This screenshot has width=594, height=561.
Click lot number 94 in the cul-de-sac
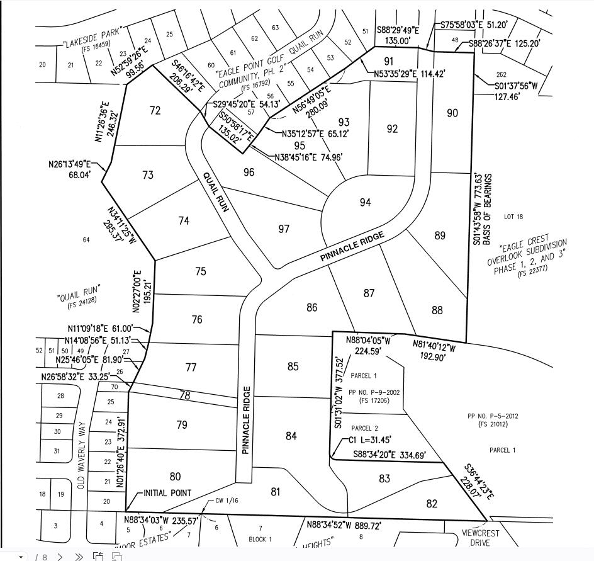tap(366, 202)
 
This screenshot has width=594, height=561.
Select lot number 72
tap(155, 111)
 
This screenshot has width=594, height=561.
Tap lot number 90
tap(452, 113)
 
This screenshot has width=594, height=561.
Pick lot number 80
tap(176, 477)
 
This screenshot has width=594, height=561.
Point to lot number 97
tap(284, 229)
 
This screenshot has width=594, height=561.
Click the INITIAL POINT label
tap(167, 493)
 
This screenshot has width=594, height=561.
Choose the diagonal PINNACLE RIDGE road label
tap(352, 246)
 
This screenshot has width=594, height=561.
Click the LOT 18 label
tap(513, 217)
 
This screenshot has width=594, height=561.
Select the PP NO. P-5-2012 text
tap(492, 416)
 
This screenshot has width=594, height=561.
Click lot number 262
tap(502, 75)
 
